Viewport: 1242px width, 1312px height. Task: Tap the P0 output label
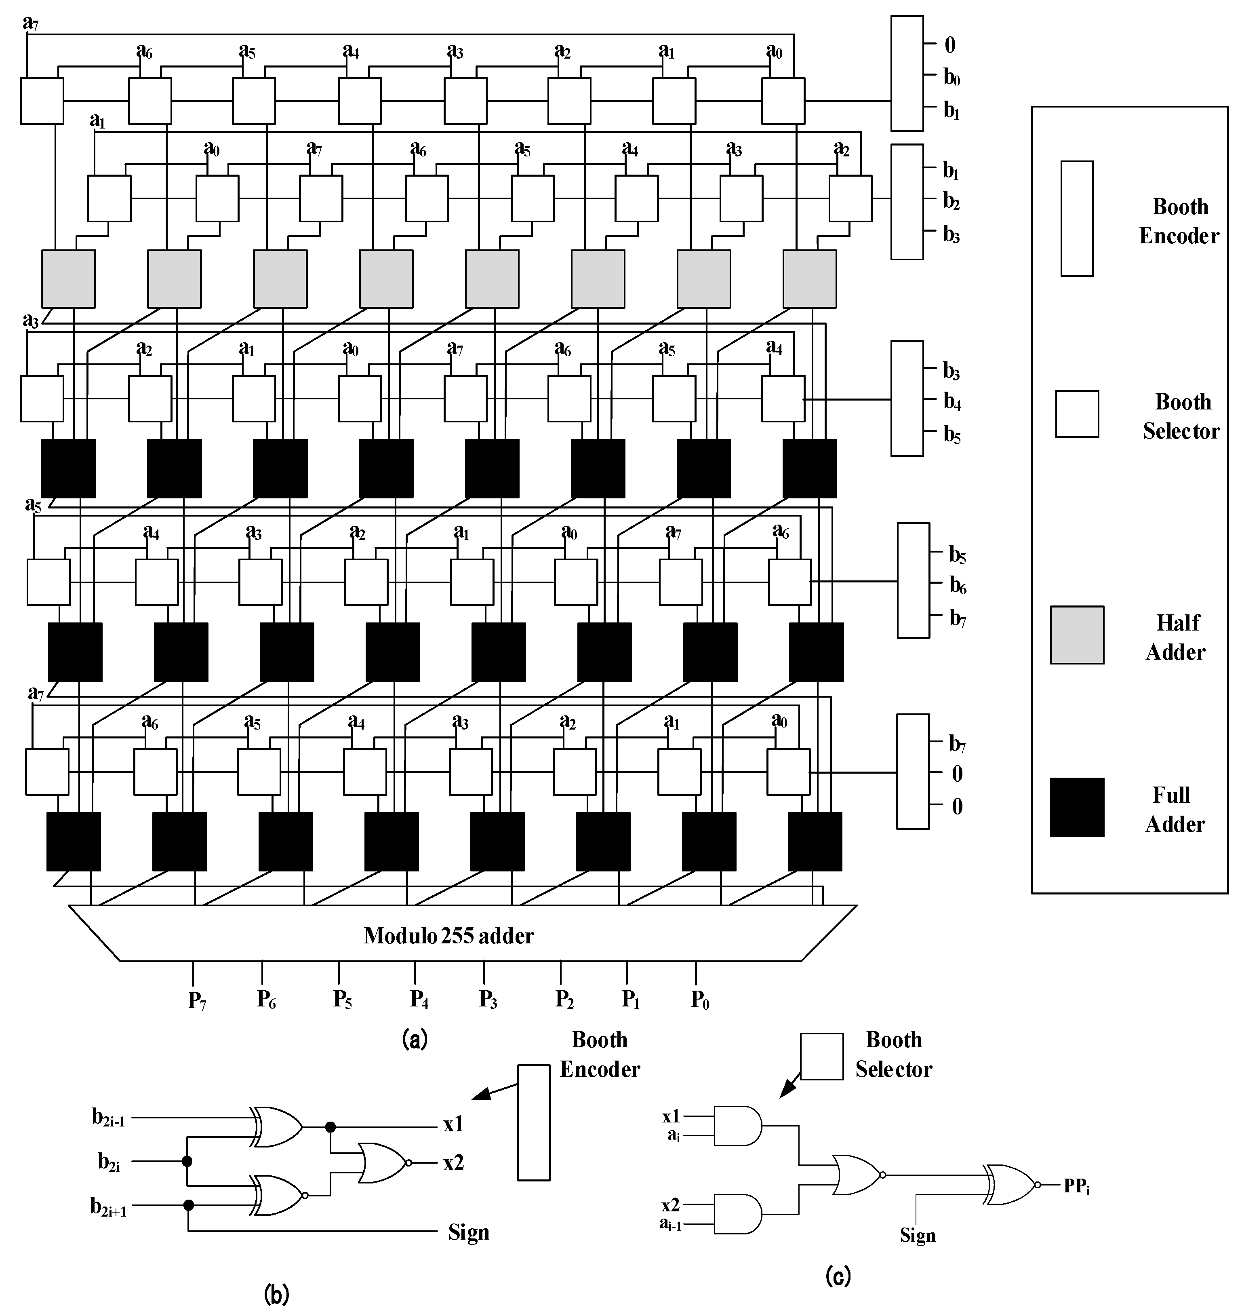700,1000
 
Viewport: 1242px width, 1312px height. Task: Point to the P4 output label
419,1000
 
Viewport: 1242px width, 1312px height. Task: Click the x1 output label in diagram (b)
453,1124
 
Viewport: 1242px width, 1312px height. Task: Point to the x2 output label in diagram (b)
453,1162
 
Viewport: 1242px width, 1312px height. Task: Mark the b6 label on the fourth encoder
957,585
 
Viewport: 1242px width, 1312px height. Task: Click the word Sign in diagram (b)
468,1232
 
